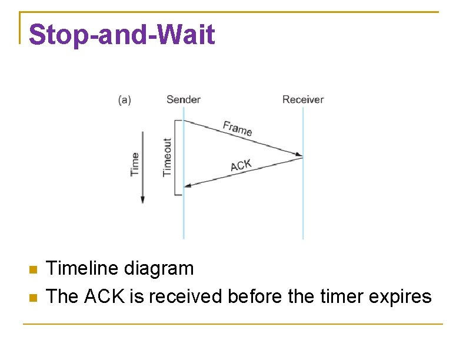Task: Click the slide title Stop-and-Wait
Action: click(x=122, y=35)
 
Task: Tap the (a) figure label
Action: click(x=125, y=100)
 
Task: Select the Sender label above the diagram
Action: click(x=183, y=99)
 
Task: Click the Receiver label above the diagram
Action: click(x=302, y=99)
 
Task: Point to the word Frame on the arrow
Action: click(x=238, y=128)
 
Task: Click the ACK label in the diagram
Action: click(x=241, y=165)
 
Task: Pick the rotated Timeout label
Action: click(x=168, y=157)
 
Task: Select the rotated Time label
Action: click(x=135, y=164)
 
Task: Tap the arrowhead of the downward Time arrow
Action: click(x=142, y=199)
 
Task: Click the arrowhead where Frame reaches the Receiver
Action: click(x=299, y=156)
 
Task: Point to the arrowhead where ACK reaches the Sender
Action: click(x=188, y=186)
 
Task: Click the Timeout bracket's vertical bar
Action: click(x=175, y=157)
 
